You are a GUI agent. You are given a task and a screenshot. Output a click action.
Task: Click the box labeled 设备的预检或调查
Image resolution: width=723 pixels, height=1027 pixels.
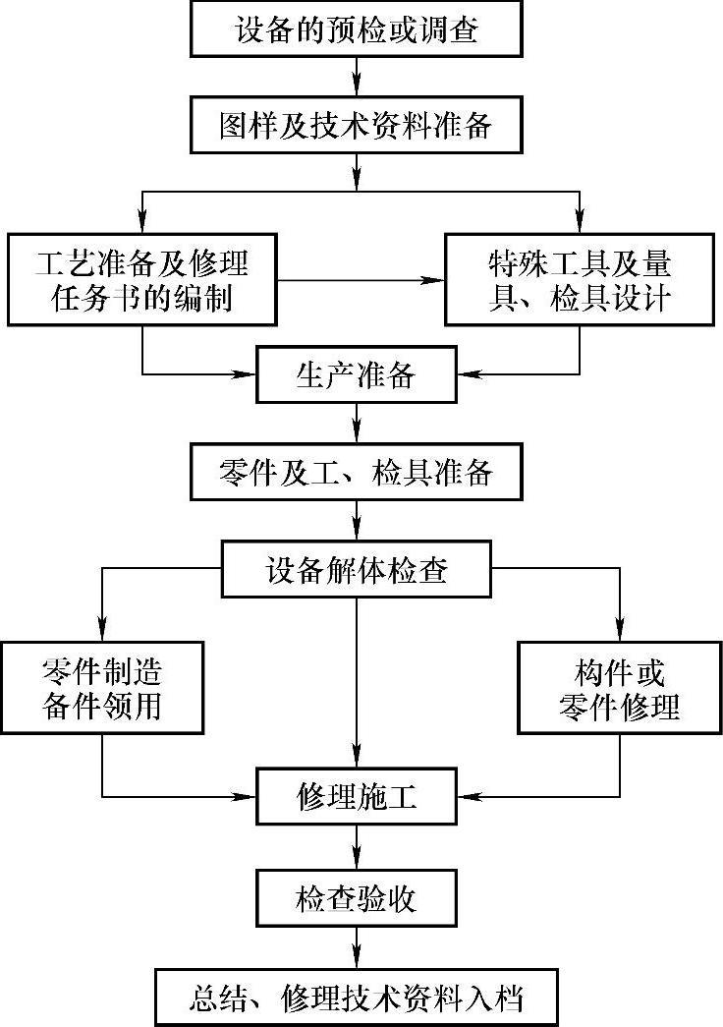click(x=357, y=30)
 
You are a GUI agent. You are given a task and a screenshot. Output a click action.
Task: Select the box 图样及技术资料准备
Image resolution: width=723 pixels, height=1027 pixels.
click(x=357, y=126)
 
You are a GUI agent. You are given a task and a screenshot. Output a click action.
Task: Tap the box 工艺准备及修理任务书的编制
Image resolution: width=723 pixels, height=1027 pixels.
click(x=142, y=280)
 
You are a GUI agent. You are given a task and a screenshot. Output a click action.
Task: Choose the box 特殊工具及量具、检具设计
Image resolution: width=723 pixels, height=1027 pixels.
click(x=580, y=280)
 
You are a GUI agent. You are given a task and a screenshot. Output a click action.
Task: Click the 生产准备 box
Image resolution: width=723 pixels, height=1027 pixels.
click(x=356, y=375)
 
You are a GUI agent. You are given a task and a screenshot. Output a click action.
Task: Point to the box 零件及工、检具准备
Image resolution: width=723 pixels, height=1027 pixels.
click(x=356, y=473)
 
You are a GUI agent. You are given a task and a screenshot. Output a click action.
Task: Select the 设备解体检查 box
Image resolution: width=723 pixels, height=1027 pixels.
click(x=356, y=569)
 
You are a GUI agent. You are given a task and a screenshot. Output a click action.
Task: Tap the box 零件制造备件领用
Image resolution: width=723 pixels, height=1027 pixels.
click(x=102, y=688)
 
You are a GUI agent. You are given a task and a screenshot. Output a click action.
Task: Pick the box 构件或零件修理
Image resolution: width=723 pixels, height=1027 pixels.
click(x=619, y=688)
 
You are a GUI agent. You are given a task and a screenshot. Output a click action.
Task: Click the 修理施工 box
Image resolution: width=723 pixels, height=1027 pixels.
click(x=356, y=795)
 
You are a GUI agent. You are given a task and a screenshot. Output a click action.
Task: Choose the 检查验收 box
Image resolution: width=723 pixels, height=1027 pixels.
click(x=356, y=898)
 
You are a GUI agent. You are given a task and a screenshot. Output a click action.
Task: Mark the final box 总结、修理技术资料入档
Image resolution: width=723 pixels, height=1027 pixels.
click(x=356, y=998)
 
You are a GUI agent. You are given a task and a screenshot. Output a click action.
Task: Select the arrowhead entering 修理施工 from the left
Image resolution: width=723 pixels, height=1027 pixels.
click(x=246, y=795)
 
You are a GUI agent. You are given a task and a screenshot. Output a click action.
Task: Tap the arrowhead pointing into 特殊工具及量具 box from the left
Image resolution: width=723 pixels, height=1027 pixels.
click(x=434, y=281)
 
